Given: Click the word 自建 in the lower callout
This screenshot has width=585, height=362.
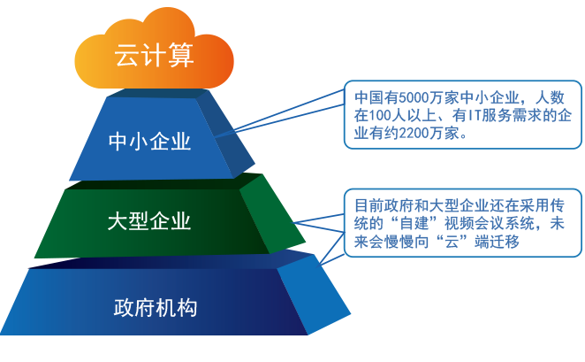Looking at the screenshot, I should (x=426, y=222).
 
